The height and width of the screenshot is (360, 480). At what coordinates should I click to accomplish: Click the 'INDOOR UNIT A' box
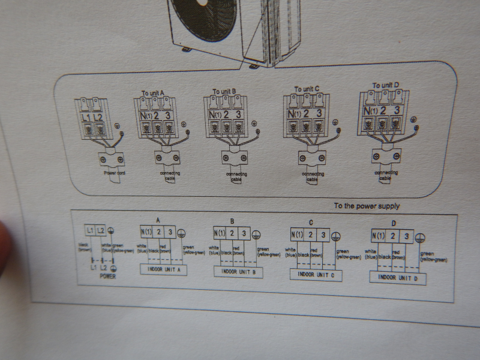pyautogui.click(x=163, y=270)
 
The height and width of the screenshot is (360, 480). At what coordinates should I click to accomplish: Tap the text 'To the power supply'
pyautogui.click(x=367, y=206)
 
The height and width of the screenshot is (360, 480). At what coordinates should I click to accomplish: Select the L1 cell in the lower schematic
pyautogui.click(x=90, y=230)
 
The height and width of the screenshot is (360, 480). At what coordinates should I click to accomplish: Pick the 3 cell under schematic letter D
pyautogui.click(x=406, y=237)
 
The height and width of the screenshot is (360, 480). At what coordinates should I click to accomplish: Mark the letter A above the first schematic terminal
pyautogui.click(x=157, y=220)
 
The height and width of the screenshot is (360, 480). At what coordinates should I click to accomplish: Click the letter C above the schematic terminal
pyautogui.click(x=311, y=223)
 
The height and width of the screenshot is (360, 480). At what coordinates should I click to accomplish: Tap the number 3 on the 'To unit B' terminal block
pyautogui.click(x=238, y=113)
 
